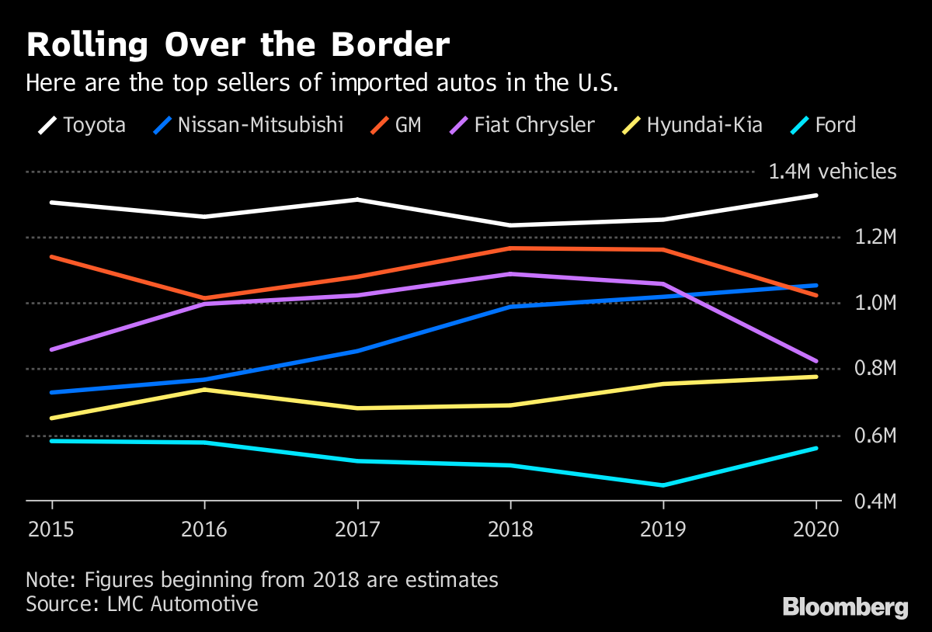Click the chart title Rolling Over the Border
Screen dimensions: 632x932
click(x=238, y=45)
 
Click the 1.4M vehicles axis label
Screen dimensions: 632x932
click(x=832, y=172)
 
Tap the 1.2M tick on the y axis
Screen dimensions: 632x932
click(x=875, y=237)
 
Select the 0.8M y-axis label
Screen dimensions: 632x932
click(x=875, y=369)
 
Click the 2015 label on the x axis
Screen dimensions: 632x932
click(x=51, y=530)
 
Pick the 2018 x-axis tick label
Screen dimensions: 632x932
click(x=510, y=530)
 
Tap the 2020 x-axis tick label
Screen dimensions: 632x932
click(x=817, y=530)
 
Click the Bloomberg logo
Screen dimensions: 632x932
click(x=845, y=607)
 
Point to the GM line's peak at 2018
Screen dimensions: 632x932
click(x=510, y=248)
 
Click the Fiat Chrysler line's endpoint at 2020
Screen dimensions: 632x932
click(x=815, y=361)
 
